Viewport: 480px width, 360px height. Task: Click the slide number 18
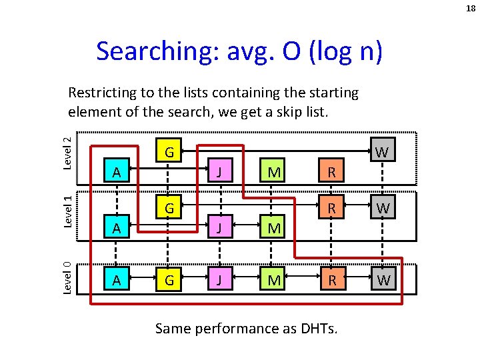pos(470,9)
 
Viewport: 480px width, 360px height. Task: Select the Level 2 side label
pos(67,153)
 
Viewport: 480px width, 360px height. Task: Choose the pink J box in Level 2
pos(220,173)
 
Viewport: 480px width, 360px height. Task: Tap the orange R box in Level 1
pos(330,209)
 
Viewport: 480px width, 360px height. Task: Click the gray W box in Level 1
pos(383,209)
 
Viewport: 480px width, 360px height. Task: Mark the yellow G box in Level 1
pos(169,209)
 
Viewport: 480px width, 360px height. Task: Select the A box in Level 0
pos(117,280)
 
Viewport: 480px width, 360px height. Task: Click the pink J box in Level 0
pos(220,280)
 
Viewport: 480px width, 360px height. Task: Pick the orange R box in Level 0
pos(330,280)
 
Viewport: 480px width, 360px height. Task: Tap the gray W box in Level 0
pos(383,280)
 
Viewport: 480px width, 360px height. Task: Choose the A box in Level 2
pos(117,173)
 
